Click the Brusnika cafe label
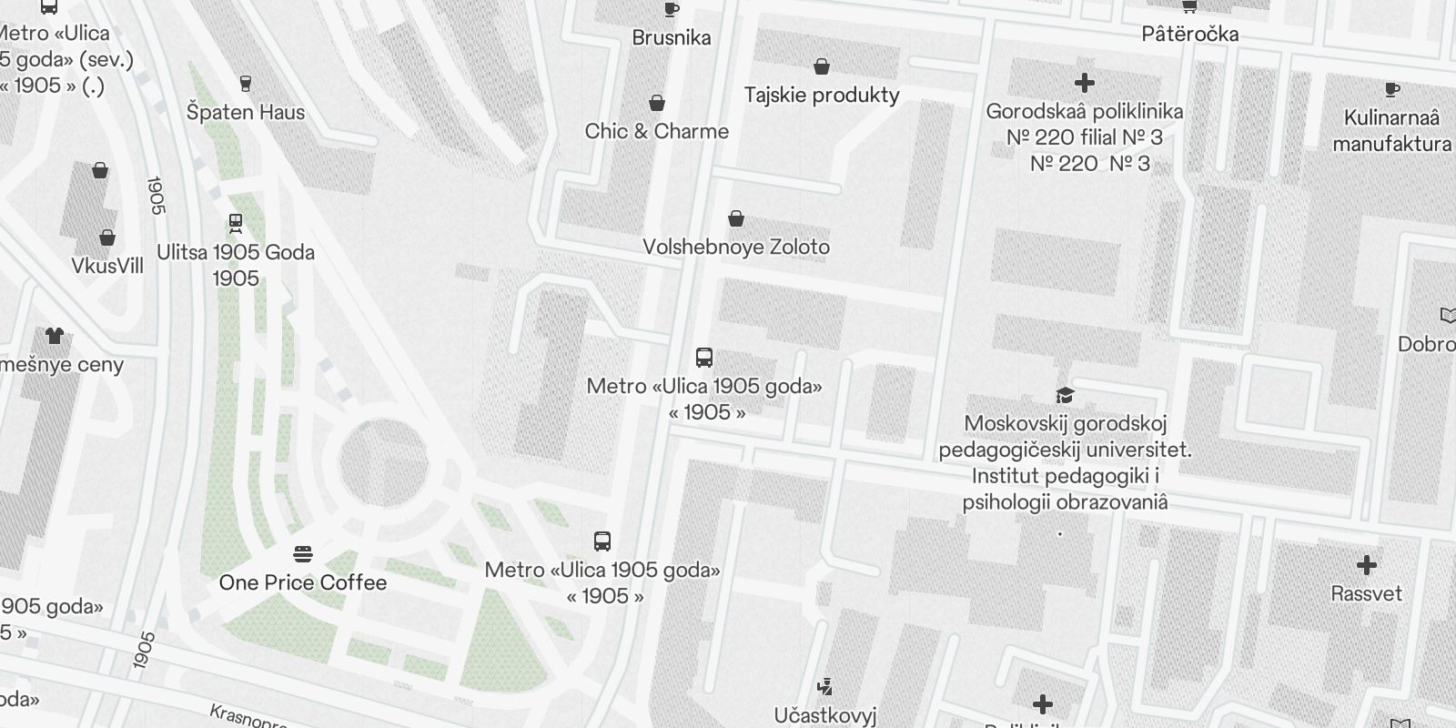[672, 38]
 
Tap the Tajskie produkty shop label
[822, 96]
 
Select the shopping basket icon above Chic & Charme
[657, 103]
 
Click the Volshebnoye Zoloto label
[736, 248]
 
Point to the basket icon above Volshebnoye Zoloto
[736, 218]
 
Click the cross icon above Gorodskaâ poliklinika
[1084, 83]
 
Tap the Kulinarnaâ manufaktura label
[1391, 131]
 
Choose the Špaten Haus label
[246, 113]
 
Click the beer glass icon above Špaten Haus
[245, 84]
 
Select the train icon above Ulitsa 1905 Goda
[236, 222]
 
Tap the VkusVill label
[107, 266]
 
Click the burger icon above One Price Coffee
[303, 553]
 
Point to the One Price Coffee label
[303, 582]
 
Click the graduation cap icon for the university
[1065, 395]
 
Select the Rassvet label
[1366, 594]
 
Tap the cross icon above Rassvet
[1366, 565]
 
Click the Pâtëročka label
[1190, 35]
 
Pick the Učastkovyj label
[825, 715]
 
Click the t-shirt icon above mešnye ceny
[55, 336]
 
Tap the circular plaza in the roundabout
[383, 463]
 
